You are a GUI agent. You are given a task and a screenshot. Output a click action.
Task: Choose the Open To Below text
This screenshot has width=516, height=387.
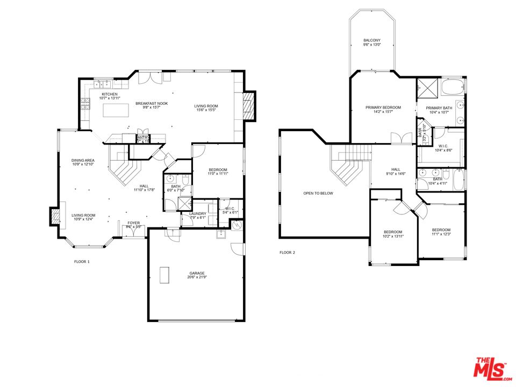click(318, 193)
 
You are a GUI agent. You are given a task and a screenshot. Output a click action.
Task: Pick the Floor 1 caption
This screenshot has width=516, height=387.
click(82, 262)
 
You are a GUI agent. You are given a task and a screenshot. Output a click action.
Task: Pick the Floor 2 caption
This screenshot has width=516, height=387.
click(287, 252)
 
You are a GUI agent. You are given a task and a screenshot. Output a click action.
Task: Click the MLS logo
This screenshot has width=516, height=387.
click(491, 368)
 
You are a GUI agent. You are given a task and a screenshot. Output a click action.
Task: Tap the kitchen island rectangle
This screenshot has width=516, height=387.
click(116, 110)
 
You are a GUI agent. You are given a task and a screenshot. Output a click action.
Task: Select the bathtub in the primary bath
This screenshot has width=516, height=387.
click(454, 87)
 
